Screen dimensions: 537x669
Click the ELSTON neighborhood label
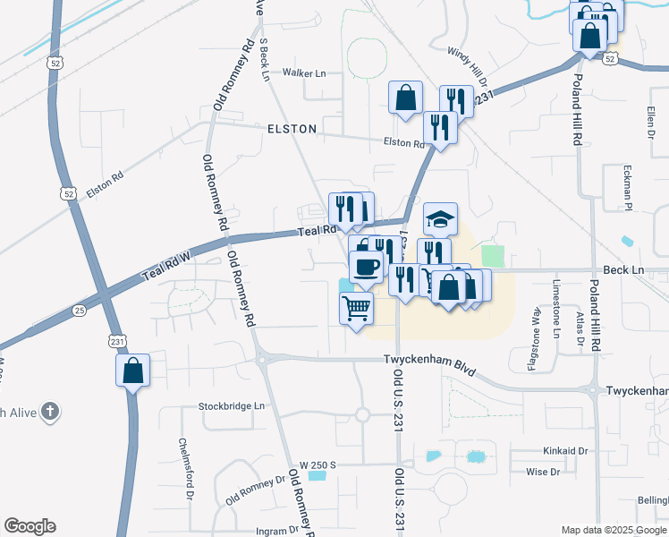pyautogui.click(x=292, y=129)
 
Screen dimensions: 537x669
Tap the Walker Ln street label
pyautogui.click(x=304, y=72)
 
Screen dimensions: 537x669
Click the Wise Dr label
pyautogui.click(x=543, y=472)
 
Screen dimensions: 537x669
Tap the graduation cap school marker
pyautogui.click(x=440, y=218)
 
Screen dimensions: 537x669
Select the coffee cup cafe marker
pyautogui.click(x=366, y=266)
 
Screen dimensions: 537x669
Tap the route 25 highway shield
pyautogui.click(x=80, y=311)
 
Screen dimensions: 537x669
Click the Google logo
pyautogui.click(x=30, y=526)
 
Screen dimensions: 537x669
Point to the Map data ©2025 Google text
pyautogui.click(x=613, y=530)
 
